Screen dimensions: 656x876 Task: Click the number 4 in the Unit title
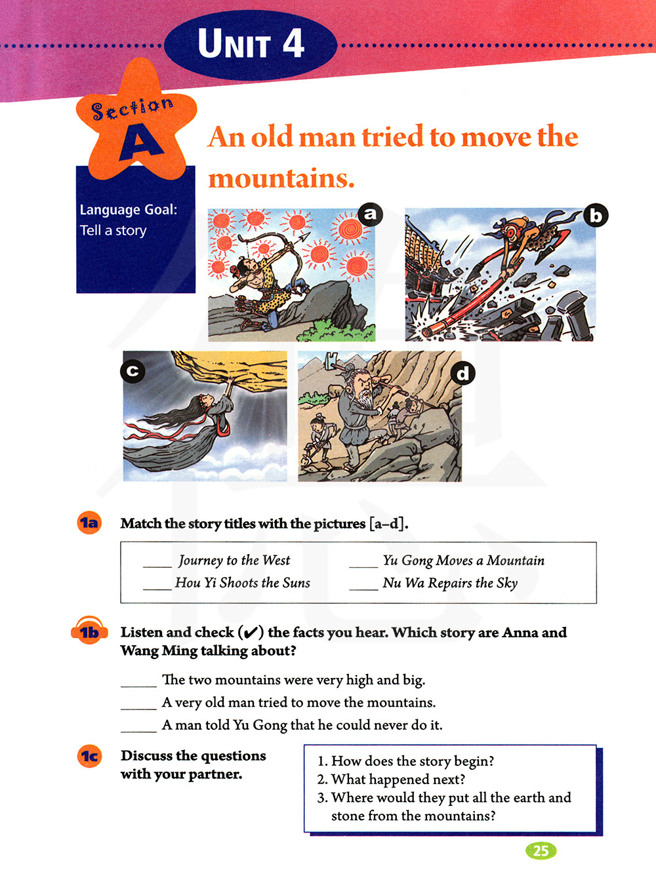coord(293,43)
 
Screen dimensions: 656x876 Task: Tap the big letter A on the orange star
coord(140,144)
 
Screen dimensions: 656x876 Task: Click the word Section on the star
coord(132,109)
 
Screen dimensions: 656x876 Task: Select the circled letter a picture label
coord(370,214)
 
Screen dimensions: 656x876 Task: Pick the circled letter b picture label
coord(596,216)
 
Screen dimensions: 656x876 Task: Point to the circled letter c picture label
coord(133,370)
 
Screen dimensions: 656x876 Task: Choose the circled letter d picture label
coord(462,374)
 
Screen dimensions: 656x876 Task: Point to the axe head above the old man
coord(332,359)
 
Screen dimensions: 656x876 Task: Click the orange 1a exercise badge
coord(89,523)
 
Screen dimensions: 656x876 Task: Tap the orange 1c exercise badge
coord(89,755)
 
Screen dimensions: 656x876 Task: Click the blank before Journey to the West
coord(157,566)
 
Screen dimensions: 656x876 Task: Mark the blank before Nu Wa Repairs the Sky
coord(363,589)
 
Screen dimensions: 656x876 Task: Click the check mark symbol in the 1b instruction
coord(251,633)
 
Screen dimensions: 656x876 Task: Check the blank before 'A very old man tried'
coord(138,709)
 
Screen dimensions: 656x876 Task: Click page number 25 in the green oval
coord(541,850)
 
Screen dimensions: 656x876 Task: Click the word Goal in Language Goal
coord(161,210)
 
